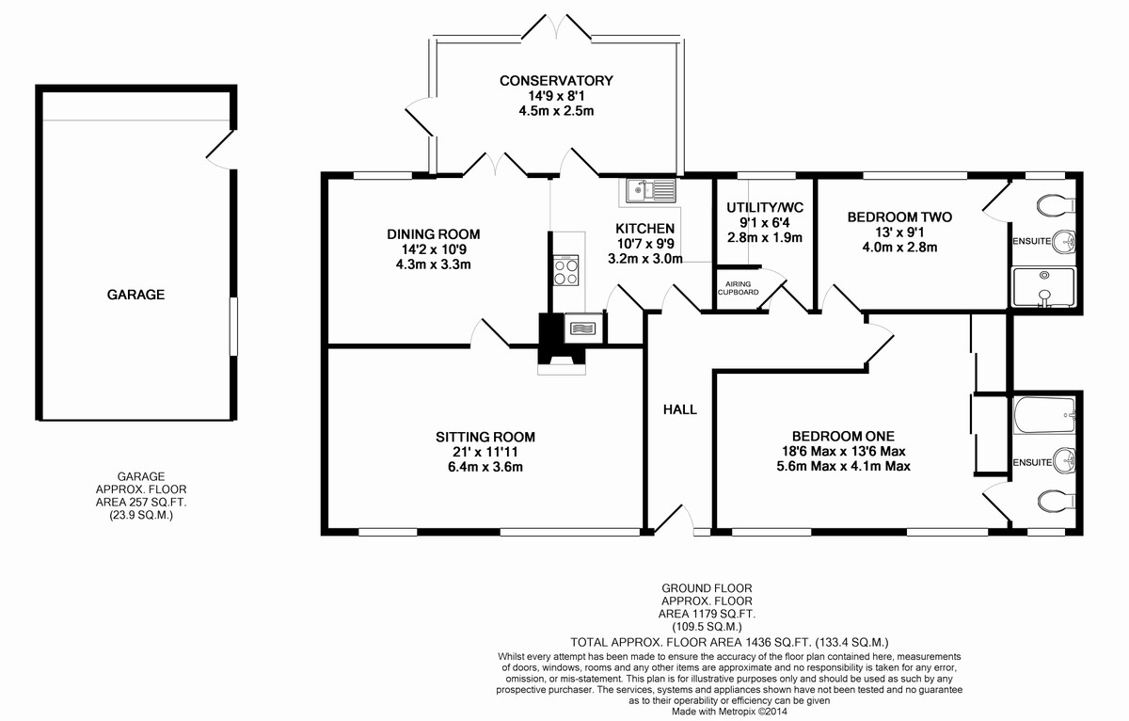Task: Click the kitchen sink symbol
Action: [x=651, y=190]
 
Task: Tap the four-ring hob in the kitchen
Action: [x=565, y=270]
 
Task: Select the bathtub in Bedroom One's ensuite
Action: [x=1044, y=415]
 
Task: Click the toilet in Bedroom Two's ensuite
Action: [x=1056, y=204]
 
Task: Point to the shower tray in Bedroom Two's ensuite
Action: [x=1043, y=287]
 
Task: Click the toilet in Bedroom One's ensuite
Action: [x=1057, y=501]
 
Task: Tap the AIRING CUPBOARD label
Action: [x=738, y=288]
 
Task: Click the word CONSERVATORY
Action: [x=556, y=81]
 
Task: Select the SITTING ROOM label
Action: [x=485, y=437]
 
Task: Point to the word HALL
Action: [x=680, y=409]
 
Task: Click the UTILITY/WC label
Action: [x=765, y=207]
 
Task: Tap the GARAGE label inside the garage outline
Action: [x=135, y=295]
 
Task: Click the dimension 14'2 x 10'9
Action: [x=434, y=249]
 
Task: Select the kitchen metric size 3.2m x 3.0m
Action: [x=645, y=259]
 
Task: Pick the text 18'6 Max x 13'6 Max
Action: [x=843, y=451]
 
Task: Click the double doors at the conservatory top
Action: [x=556, y=26]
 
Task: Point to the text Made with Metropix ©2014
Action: [x=729, y=712]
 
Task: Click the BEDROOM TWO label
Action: [x=899, y=217]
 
